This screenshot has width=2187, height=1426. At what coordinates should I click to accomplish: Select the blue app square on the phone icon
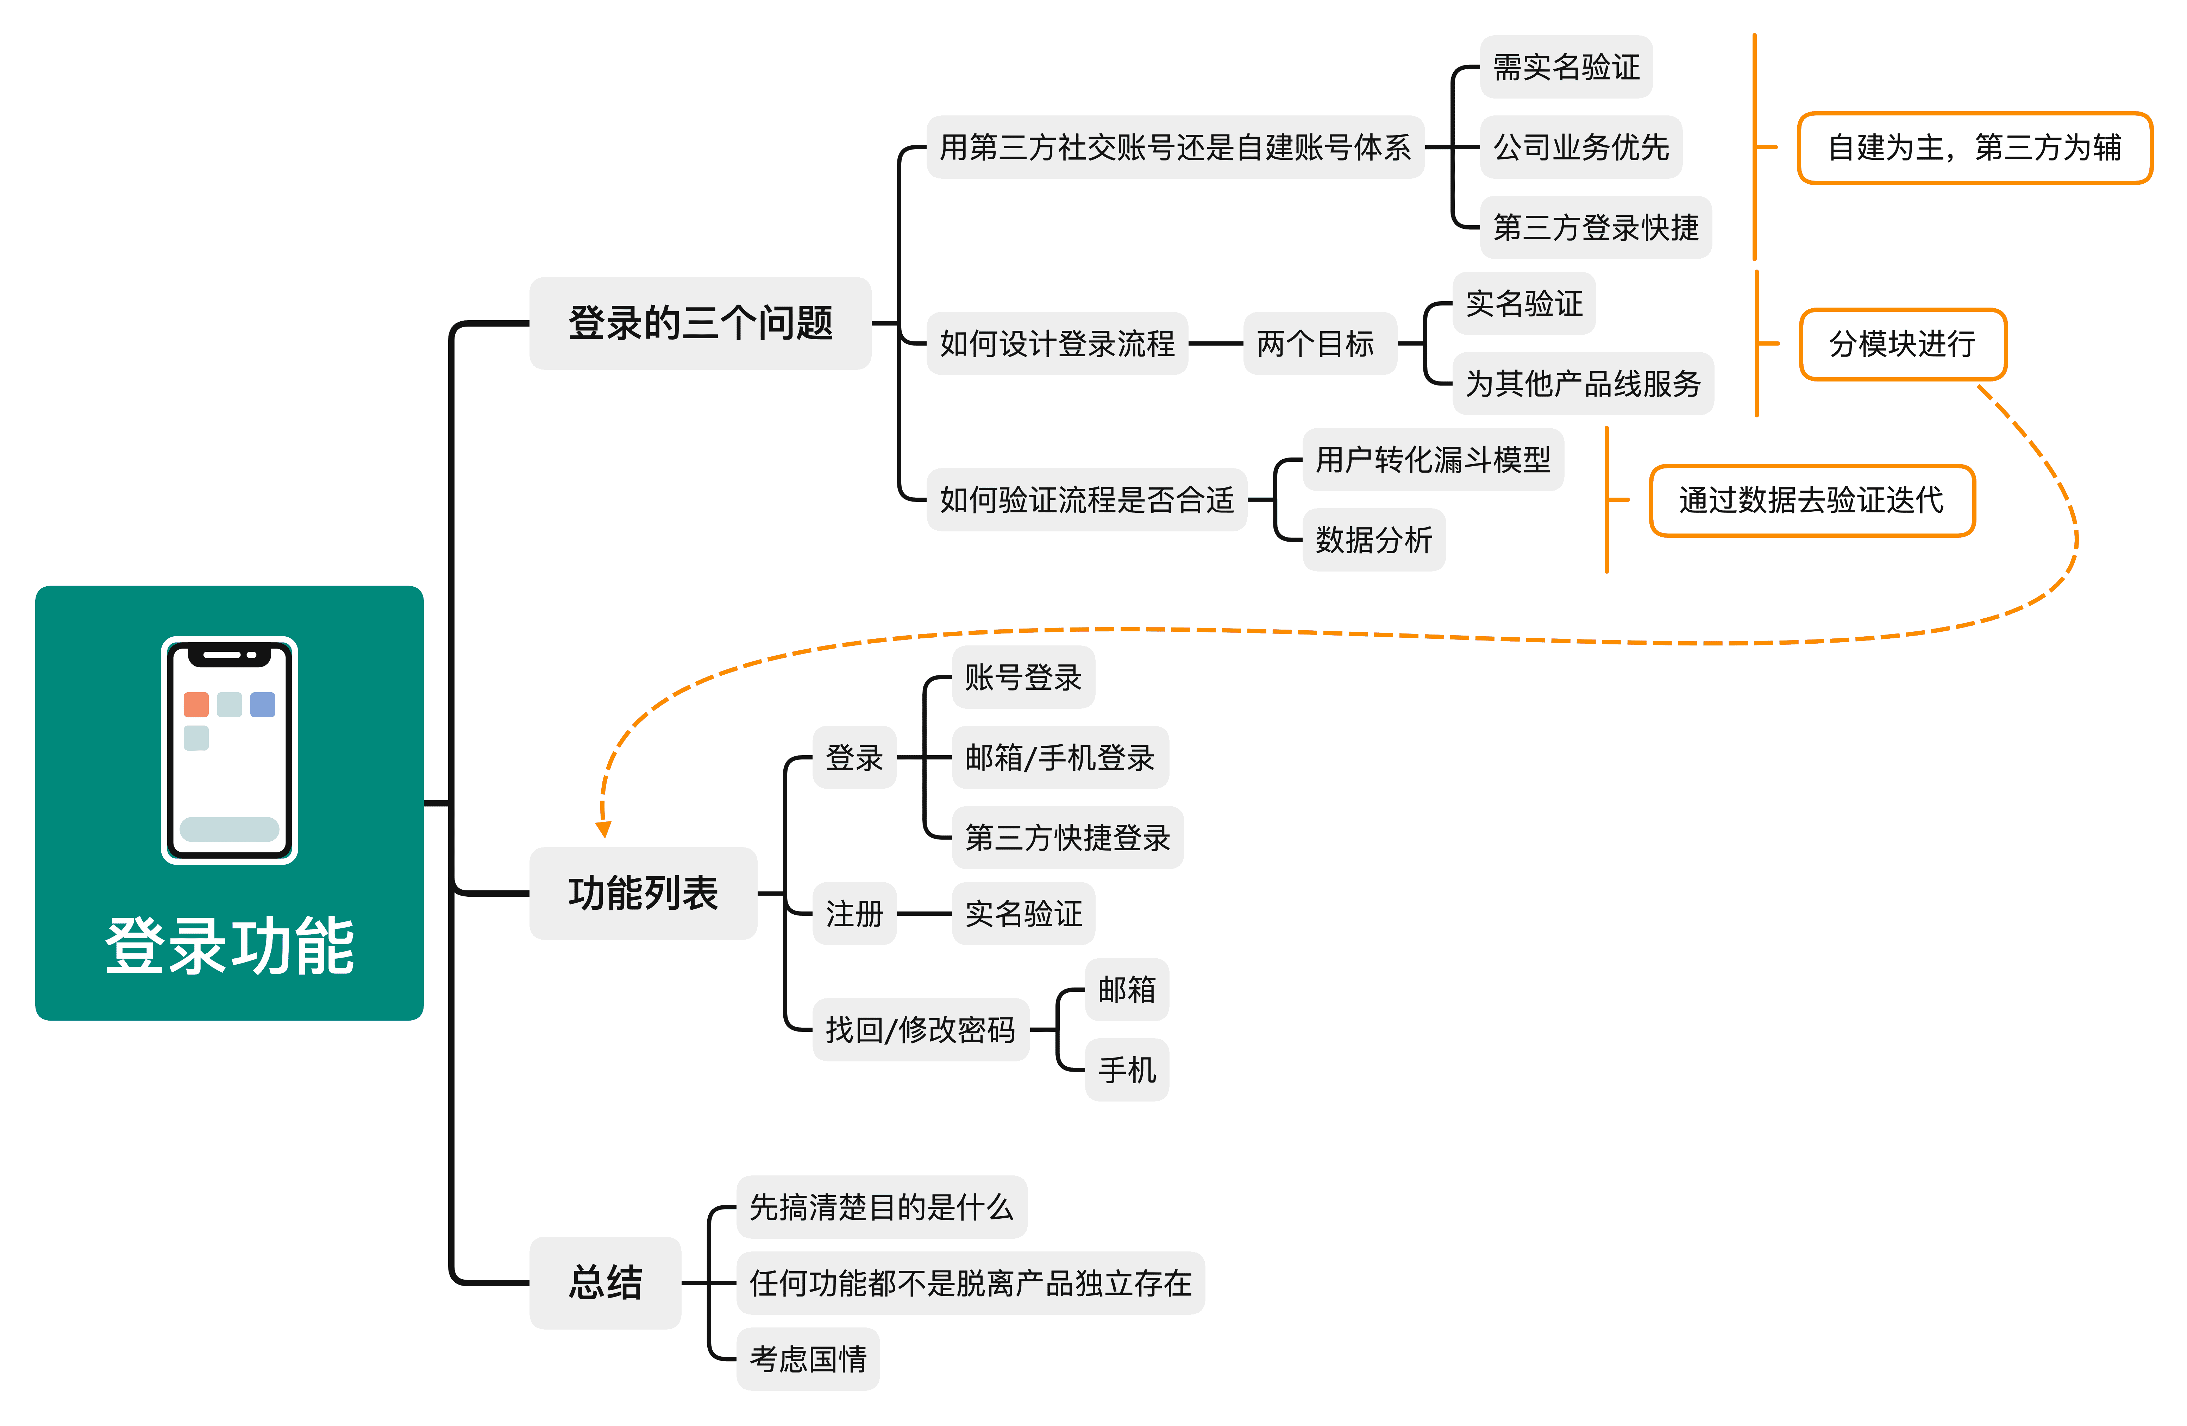[263, 705]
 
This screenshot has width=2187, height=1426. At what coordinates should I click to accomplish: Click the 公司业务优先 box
[1580, 147]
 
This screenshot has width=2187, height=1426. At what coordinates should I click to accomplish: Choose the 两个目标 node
[1318, 343]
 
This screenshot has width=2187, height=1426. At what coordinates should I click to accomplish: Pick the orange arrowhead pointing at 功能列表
[604, 830]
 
